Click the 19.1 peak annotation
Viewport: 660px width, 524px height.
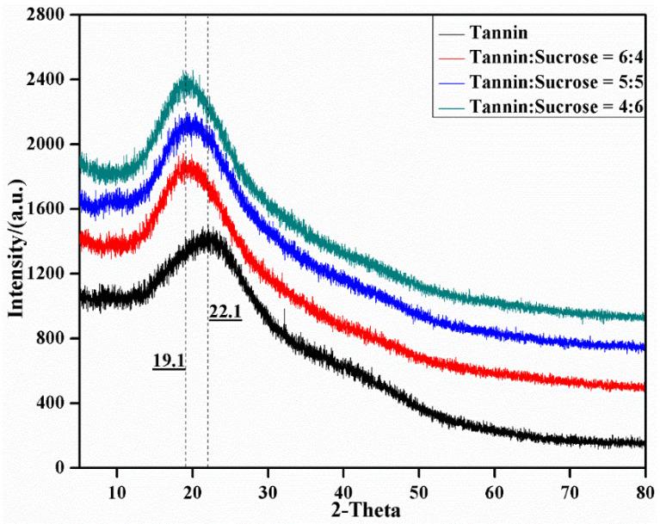click(169, 361)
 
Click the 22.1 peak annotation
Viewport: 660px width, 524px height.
click(225, 313)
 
